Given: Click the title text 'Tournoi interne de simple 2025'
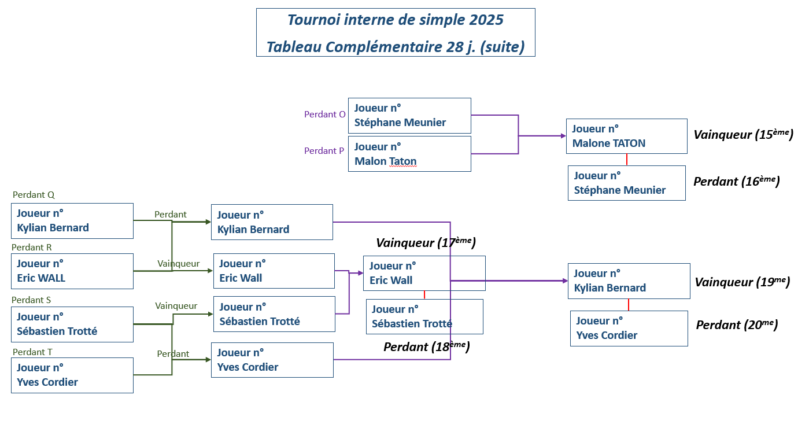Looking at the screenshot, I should click(396, 20).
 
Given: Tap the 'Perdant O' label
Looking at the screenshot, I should click(324, 115).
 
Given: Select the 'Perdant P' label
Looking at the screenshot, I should click(324, 151).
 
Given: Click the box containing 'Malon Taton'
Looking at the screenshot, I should click(409, 154).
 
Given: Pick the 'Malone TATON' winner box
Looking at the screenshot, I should click(626, 137).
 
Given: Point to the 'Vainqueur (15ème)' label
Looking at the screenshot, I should click(743, 135).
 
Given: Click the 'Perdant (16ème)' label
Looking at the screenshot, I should click(736, 181).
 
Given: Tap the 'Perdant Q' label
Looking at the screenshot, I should click(34, 195).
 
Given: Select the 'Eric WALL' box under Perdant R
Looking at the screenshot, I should click(72, 271).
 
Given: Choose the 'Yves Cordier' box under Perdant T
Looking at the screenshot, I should click(72, 375).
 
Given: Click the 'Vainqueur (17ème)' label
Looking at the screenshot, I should click(426, 242).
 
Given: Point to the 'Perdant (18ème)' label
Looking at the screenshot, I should click(426, 346).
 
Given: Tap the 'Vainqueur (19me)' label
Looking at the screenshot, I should click(742, 282).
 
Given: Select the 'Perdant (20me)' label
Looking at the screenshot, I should click(736, 325).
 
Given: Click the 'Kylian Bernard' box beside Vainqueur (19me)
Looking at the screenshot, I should click(629, 281).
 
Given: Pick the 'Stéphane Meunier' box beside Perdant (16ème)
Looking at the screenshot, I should click(626, 183).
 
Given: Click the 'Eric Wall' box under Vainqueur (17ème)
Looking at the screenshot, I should click(424, 274).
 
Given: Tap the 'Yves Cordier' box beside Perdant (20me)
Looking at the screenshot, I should click(629, 329).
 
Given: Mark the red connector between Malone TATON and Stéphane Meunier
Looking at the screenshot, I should click(627, 160).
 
